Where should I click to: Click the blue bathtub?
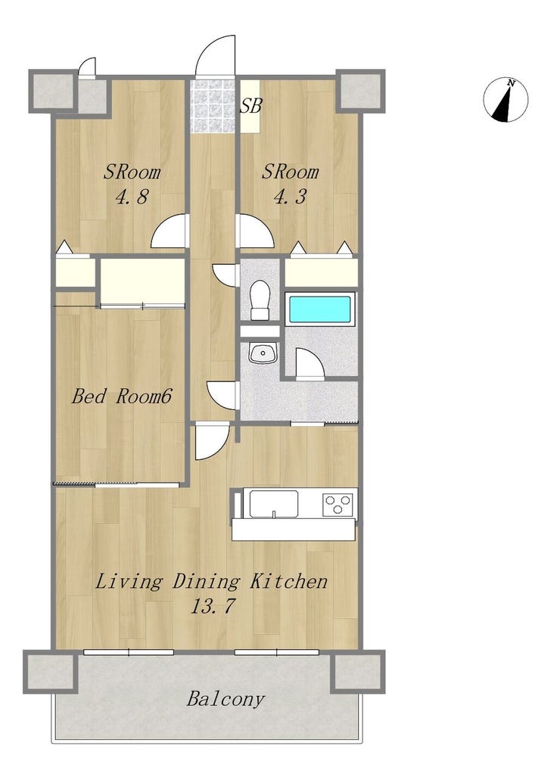(x=320, y=310)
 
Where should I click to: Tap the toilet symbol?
(x=259, y=300)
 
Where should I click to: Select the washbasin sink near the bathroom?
(x=263, y=353)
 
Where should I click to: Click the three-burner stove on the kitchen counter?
(x=338, y=505)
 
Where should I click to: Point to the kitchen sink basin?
(x=273, y=504)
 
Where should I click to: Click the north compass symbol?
(x=506, y=100)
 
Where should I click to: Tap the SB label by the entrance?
(x=250, y=105)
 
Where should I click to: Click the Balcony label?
(x=226, y=699)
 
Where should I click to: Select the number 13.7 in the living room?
(x=212, y=606)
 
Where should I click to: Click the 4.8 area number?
(x=132, y=197)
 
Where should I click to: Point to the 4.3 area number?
(x=290, y=197)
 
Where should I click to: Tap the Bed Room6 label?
(x=122, y=396)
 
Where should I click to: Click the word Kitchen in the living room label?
(x=288, y=581)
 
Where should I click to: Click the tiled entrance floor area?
(x=213, y=106)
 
